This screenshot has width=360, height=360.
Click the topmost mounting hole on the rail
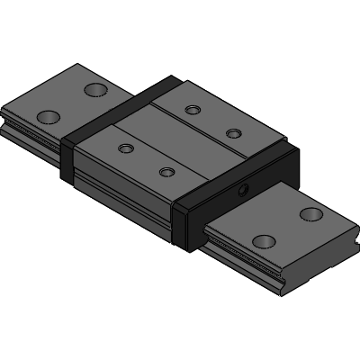click(94, 88)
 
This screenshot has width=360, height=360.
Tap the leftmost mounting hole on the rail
click(49, 116)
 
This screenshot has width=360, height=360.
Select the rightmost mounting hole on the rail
click(311, 213)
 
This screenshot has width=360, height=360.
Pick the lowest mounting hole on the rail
click(264, 241)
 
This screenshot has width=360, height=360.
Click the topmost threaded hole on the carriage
click(192, 110)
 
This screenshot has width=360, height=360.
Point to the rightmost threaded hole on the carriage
click(233, 133)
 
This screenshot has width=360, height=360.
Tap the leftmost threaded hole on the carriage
click(125, 147)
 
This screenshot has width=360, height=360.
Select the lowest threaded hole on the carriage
click(166, 171)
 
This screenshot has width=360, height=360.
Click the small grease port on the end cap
click(244, 188)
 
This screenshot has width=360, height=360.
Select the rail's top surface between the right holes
click(288, 227)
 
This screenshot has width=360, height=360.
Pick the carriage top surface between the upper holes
click(212, 121)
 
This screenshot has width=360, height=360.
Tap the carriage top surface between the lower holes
click(145, 158)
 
